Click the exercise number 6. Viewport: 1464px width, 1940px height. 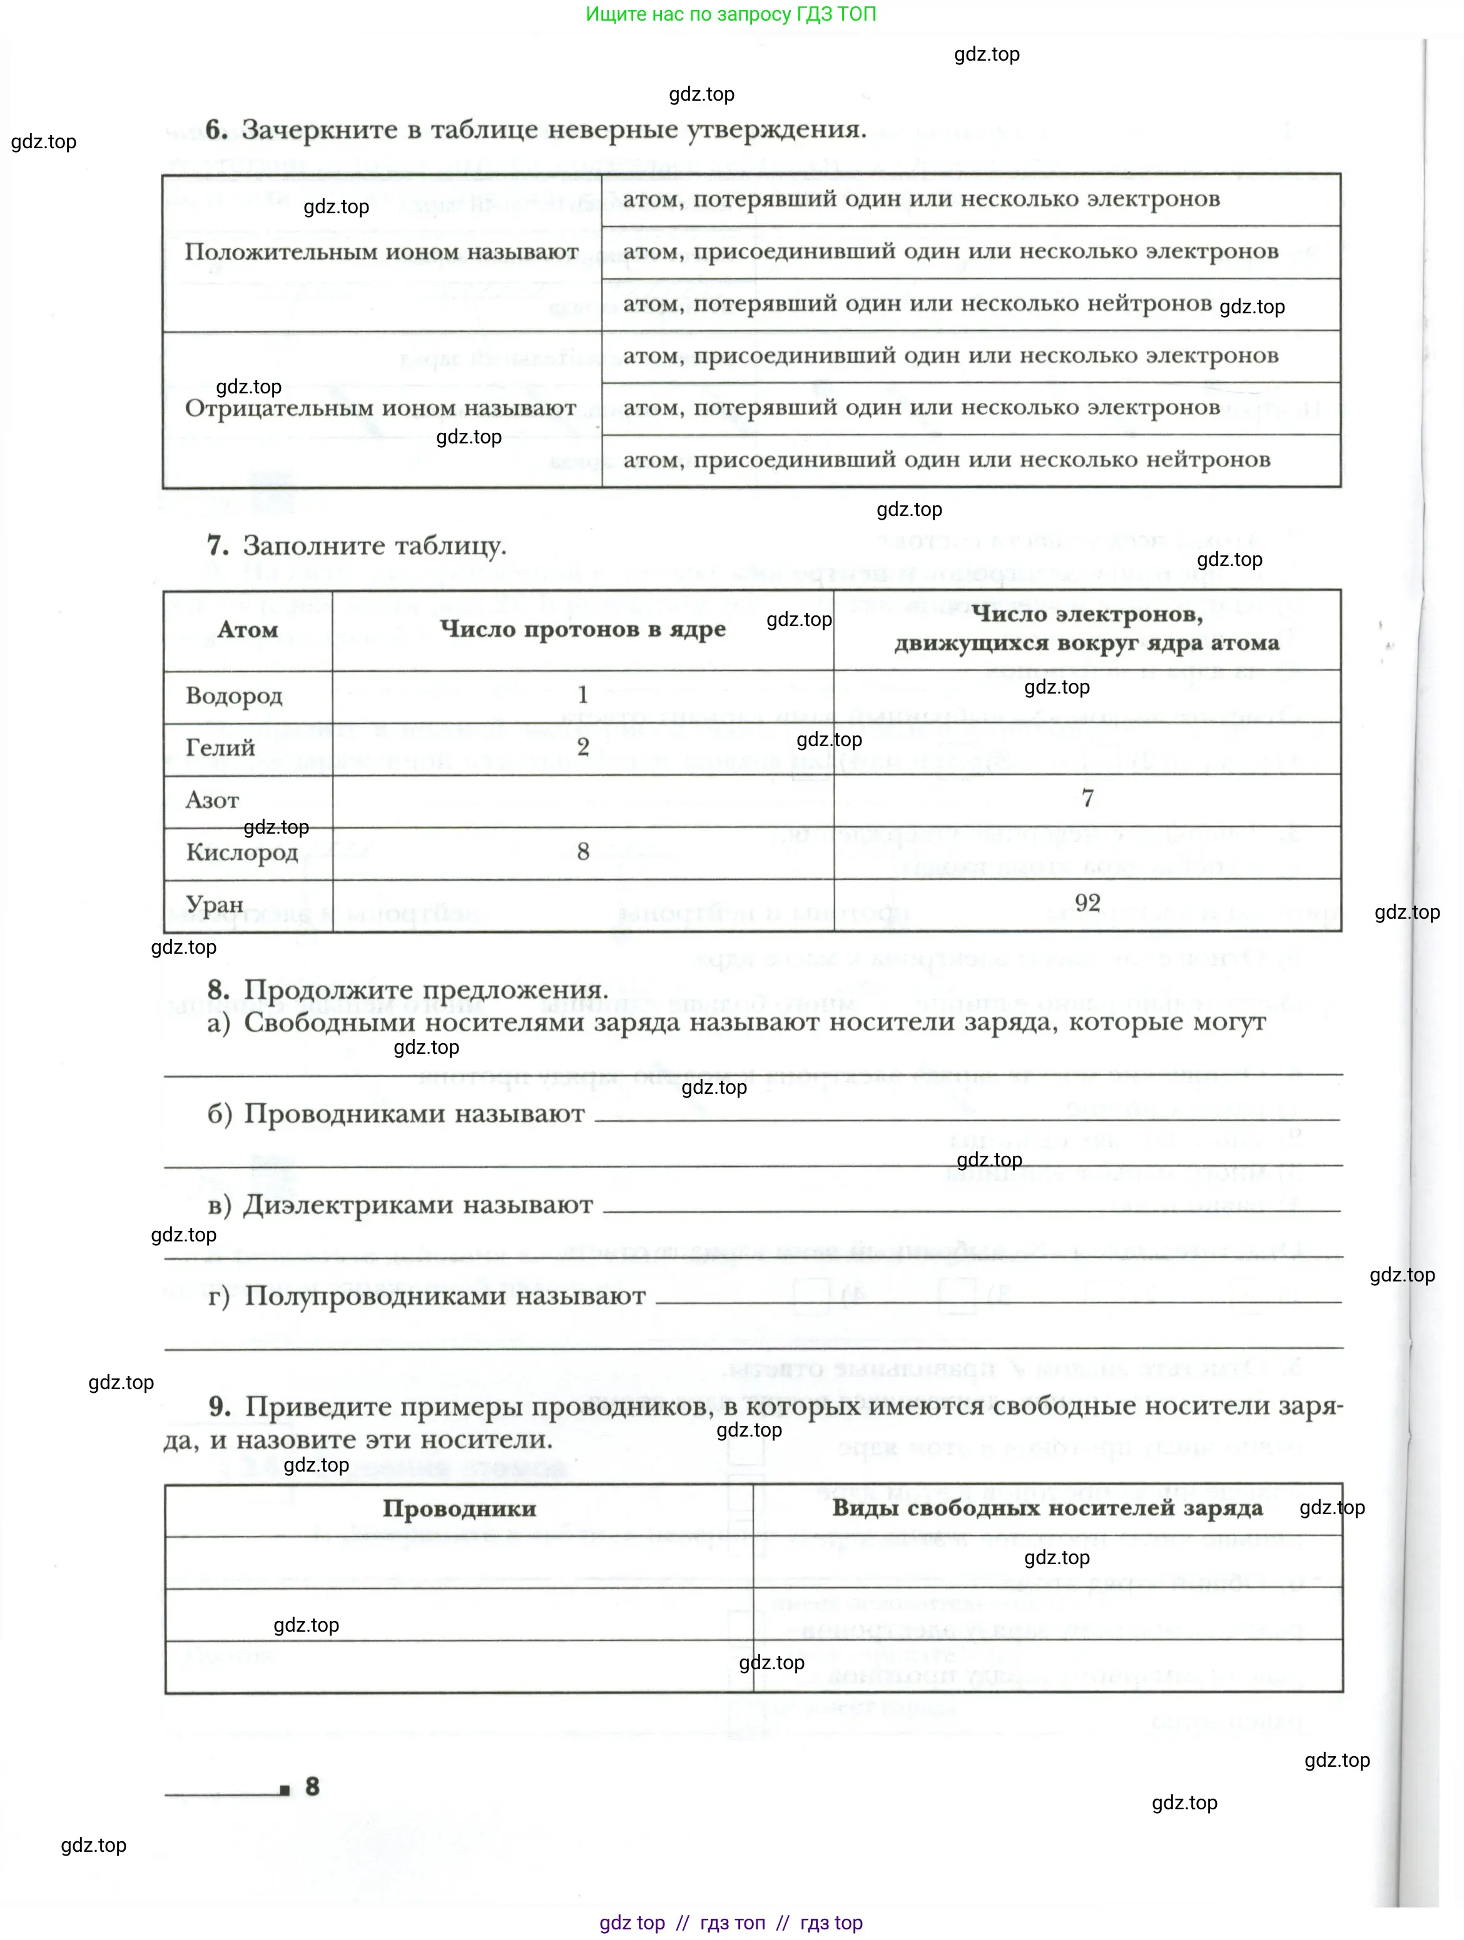point(216,130)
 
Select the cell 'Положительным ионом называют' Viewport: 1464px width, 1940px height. point(382,253)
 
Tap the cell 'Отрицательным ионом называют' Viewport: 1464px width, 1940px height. point(380,408)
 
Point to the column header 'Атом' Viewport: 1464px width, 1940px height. point(248,630)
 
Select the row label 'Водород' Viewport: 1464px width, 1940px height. point(234,696)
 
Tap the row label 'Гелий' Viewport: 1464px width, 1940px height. point(220,748)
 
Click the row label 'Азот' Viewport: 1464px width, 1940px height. point(212,800)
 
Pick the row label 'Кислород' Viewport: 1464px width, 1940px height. point(242,852)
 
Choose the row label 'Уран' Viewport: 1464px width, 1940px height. point(215,904)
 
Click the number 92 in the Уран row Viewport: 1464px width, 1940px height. point(1088,902)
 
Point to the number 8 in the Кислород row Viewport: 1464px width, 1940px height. point(583,852)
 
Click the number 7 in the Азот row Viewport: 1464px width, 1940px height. point(1088,798)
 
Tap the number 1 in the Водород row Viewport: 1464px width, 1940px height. point(582,695)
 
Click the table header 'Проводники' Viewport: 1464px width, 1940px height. point(459,1508)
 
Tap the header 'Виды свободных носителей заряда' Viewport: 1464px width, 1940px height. point(1047,1508)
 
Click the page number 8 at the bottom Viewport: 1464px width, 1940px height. point(312,1787)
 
